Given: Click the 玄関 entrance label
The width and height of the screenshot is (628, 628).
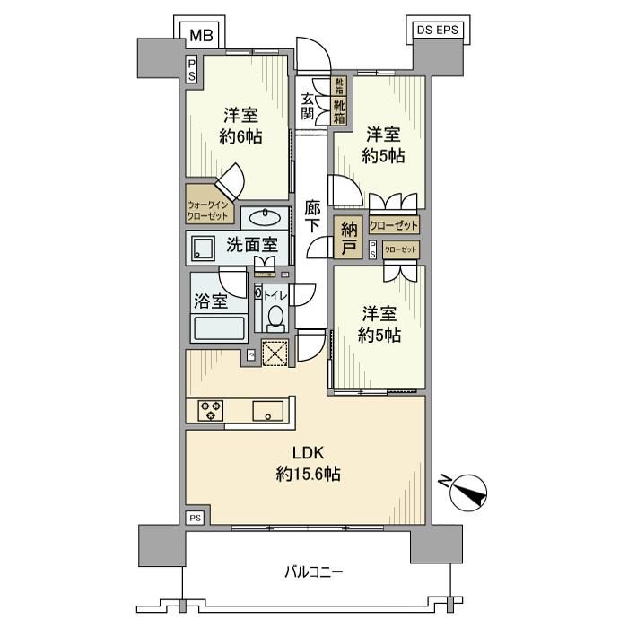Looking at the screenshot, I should [308, 107].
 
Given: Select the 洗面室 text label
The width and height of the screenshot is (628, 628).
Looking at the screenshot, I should [251, 244].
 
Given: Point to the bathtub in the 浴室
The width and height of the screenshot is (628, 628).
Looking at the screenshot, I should [219, 328].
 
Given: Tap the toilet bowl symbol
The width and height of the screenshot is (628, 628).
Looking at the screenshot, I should [276, 317].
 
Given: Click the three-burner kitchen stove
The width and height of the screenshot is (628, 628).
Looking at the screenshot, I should [210, 410].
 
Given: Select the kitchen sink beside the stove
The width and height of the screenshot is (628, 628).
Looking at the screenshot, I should [267, 412].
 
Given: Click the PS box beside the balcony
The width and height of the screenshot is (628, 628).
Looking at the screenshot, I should [195, 518].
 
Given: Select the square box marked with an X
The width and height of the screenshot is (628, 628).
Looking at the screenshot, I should [274, 353].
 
